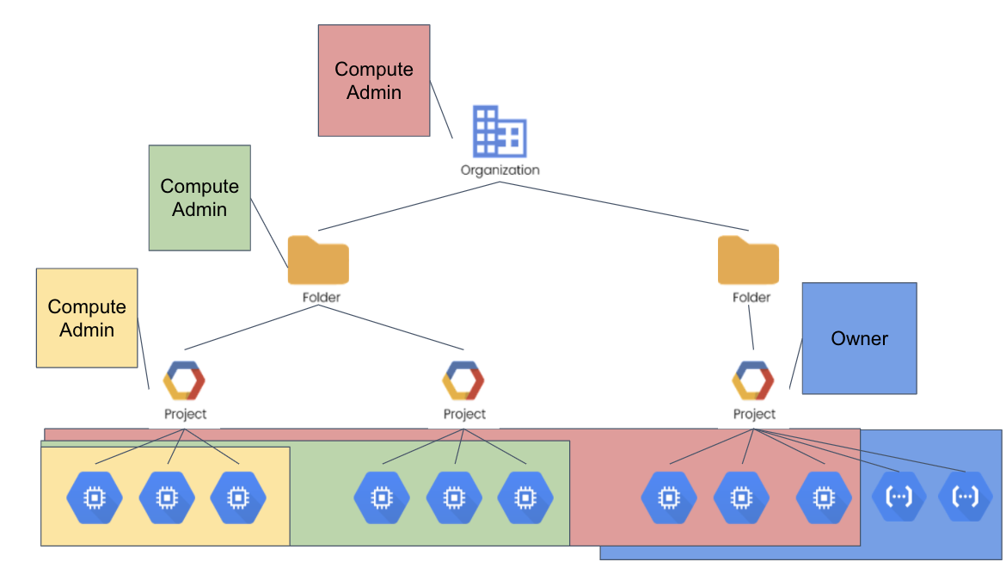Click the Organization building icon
point(500,132)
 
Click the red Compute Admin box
point(374,80)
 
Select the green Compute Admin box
point(199,198)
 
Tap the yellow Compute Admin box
point(87,318)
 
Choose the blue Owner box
point(859,338)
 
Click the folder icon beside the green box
point(318,260)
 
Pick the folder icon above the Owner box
point(748,260)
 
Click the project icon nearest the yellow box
point(184,380)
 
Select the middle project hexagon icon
point(463,380)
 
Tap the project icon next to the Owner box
point(753,380)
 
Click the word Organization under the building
point(500,170)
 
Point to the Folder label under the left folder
point(322,297)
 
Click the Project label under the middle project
point(464,414)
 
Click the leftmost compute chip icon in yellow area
point(95,498)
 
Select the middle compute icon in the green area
point(454,498)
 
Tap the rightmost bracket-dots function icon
point(965,497)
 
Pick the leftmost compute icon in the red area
point(669,498)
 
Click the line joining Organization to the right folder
point(623,206)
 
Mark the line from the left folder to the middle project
point(390,327)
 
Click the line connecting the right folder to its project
point(751,327)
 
